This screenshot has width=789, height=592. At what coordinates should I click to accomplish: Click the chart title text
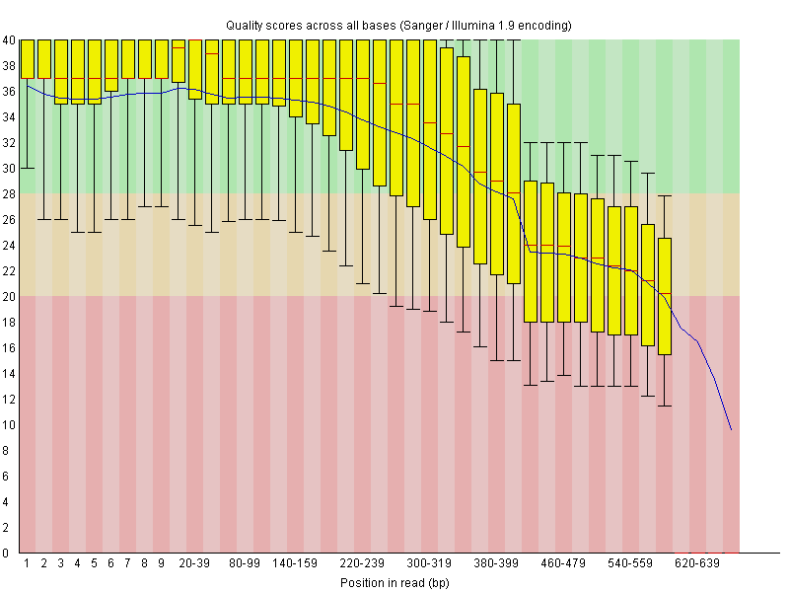tap(398, 24)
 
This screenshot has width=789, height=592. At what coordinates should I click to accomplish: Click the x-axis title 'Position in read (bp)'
tap(394, 583)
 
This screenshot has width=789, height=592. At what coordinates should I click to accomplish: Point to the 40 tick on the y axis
tap(9, 40)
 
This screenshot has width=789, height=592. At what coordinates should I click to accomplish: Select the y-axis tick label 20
tap(9, 297)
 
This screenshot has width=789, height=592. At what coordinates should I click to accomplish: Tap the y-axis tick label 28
tap(9, 194)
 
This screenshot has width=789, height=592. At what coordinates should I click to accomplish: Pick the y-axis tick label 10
tap(9, 425)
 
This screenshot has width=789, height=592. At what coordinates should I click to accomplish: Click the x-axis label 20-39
tap(194, 564)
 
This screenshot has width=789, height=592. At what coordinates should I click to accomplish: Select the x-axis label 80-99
tap(245, 564)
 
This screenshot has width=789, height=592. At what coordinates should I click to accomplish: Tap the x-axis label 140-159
tap(295, 564)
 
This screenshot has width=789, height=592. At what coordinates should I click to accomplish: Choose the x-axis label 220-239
tap(362, 564)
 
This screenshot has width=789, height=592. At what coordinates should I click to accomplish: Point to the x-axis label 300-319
tap(429, 564)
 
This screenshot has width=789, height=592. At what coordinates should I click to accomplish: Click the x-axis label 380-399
tap(496, 564)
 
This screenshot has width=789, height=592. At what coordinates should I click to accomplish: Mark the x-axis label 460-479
tap(563, 564)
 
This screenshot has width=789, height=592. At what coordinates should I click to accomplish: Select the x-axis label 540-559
tap(630, 564)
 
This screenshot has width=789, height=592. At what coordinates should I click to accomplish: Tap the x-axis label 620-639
tap(697, 564)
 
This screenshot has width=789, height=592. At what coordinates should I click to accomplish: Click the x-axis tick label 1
tap(28, 564)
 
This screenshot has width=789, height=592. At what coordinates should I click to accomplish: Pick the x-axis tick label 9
tap(162, 564)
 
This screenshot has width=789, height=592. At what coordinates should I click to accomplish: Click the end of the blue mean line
tap(731, 429)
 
